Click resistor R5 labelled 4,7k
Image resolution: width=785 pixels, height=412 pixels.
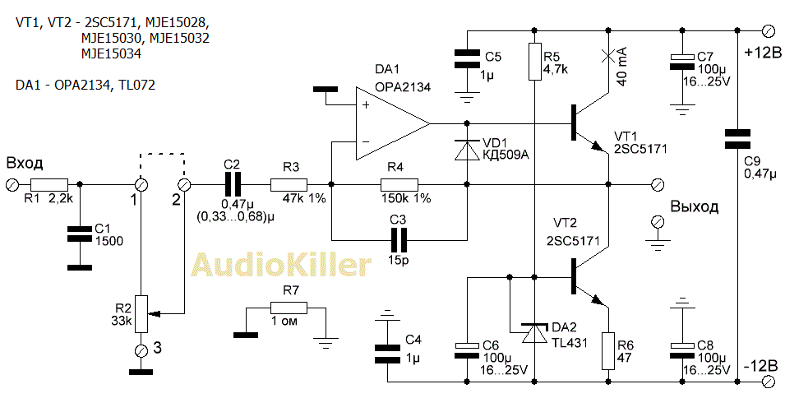[535, 62]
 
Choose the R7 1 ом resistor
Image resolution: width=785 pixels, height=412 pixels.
[289, 308]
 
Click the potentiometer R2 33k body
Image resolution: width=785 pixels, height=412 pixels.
[141, 314]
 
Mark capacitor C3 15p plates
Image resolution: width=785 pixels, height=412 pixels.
[399, 239]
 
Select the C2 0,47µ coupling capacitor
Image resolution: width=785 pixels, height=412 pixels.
[232, 185]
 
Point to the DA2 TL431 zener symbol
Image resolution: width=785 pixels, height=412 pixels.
[535, 333]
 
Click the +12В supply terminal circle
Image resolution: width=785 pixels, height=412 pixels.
[768, 31]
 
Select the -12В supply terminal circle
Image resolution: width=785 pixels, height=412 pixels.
[768, 382]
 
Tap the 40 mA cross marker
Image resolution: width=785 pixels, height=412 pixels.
[609, 56]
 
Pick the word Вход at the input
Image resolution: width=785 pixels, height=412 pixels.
[24, 162]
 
